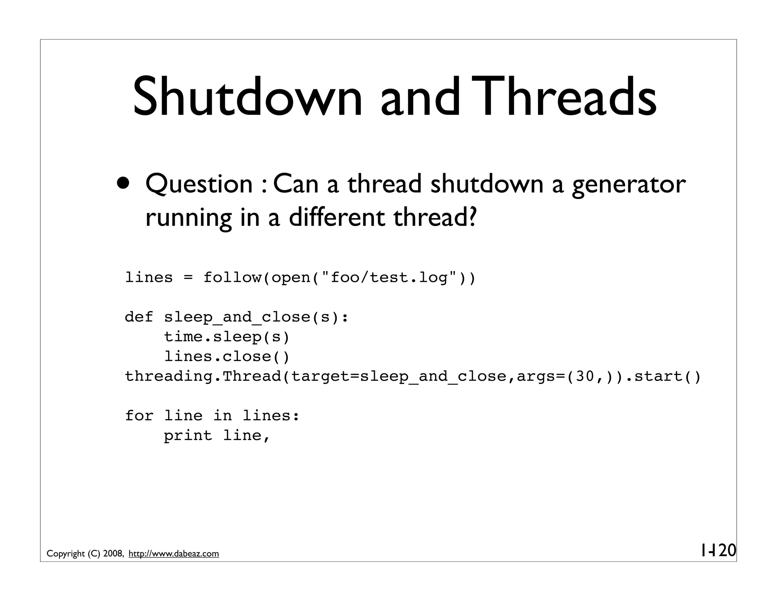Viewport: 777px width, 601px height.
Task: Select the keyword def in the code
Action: click(x=139, y=317)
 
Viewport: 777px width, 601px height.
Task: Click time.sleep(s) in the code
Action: click(x=226, y=337)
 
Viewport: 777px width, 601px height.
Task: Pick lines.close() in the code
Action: click(x=226, y=357)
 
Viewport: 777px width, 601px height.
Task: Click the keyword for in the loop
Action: click(x=139, y=416)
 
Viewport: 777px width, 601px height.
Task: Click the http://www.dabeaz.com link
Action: click(x=174, y=554)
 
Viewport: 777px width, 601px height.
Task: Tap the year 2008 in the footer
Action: click(x=112, y=554)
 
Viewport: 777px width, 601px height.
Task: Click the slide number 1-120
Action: click(x=718, y=550)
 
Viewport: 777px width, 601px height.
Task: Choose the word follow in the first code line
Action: click(x=232, y=278)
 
